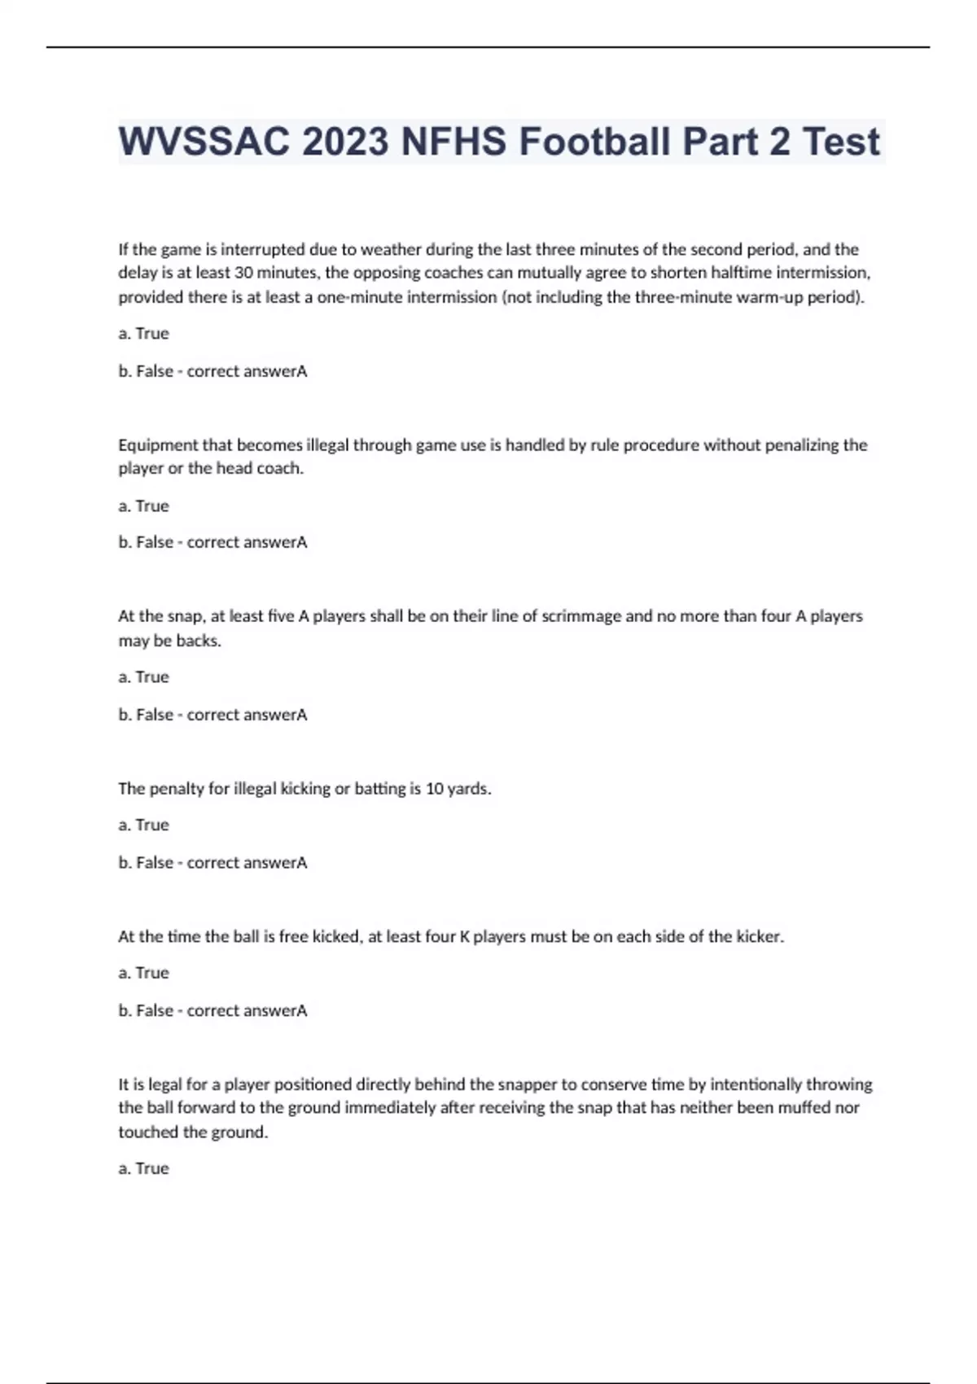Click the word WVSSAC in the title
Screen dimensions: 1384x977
coord(204,142)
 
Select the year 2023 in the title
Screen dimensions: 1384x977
coord(345,142)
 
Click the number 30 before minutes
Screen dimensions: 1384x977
coord(243,273)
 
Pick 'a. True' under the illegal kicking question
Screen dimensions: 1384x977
coord(143,825)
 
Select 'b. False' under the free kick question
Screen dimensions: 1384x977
coord(146,1010)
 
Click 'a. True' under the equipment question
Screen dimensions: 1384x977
coord(143,506)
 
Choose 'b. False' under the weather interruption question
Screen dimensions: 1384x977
coord(146,371)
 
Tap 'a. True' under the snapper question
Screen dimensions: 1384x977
coord(143,1168)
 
